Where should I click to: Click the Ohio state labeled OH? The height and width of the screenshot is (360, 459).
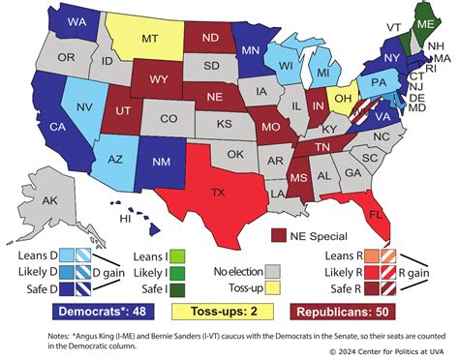pyautogui.click(x=341, y=99)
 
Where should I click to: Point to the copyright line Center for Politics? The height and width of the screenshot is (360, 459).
pyautogui.click(x=387, y=350)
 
